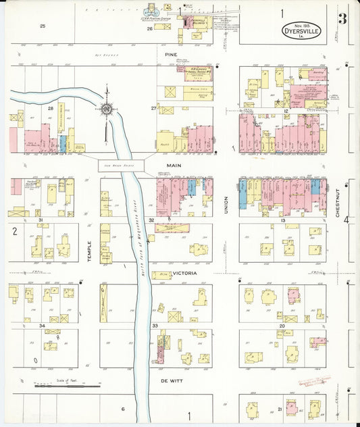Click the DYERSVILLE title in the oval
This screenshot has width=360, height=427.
tap(301, 30)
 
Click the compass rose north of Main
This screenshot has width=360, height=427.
tap(106, 109)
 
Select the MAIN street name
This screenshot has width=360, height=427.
tap(170, 164)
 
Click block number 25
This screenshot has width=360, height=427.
tap(42, 26)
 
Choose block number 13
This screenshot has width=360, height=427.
tap(284, 221)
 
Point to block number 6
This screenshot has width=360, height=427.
tap(123, 409)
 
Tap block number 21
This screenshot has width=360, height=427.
tap(280, 409)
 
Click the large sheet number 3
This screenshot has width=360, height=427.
tap(342, 19)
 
